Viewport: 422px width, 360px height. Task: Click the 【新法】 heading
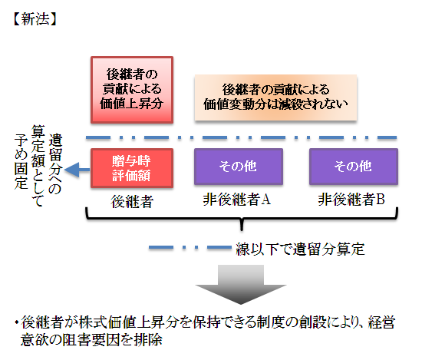(35, 19)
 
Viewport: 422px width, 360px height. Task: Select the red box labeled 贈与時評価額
(132, 168)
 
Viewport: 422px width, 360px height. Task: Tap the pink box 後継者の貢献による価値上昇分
(132, 90)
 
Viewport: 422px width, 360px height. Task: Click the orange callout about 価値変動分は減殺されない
(276, 97)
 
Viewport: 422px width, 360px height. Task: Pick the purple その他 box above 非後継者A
(239, 167)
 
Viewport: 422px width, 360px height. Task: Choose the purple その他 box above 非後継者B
(354, 167)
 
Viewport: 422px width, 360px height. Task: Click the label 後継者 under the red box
(132, 201)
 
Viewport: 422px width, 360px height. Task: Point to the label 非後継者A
(237, 200)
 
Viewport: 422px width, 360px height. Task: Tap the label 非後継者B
(351, 200)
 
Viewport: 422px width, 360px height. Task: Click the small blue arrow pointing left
(77, 170)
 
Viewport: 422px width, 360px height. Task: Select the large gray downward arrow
(241, 284)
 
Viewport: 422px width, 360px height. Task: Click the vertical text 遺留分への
(55, 164)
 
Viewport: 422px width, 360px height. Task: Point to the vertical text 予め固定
(21, 161)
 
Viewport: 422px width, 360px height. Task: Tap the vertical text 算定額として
(38, 166)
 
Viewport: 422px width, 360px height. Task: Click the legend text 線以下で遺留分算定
(300, 249)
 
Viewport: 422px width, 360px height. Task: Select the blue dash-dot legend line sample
(190, 247)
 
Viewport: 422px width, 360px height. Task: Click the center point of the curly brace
(242, 219)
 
